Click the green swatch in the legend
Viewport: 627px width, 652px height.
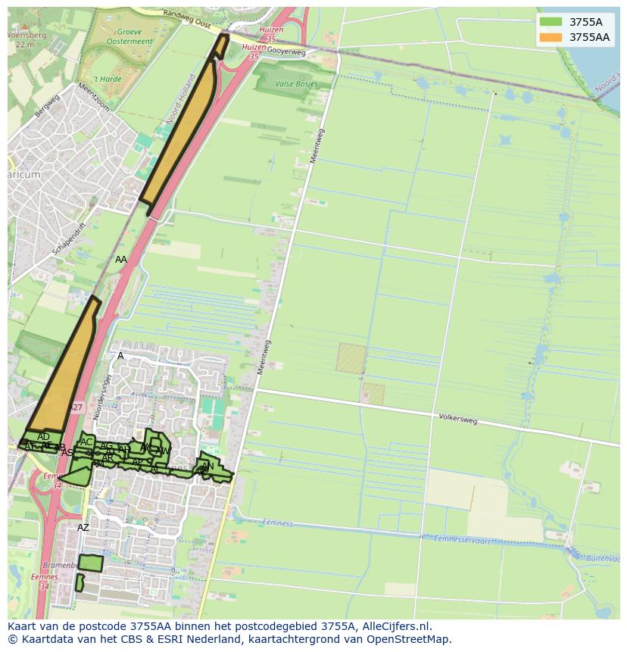[551, 22]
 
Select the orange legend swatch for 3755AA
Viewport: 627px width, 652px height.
[551, 37]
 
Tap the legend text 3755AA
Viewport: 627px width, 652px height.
[589, 37]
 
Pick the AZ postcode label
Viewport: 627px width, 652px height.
[83, 528]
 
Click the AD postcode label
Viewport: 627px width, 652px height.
[43, 437]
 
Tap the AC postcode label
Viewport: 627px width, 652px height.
[86, 442]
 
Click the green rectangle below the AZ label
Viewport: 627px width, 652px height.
[91, 563]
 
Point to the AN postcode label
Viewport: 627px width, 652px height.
[207, 466]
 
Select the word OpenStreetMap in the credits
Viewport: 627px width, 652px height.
[410, 639]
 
